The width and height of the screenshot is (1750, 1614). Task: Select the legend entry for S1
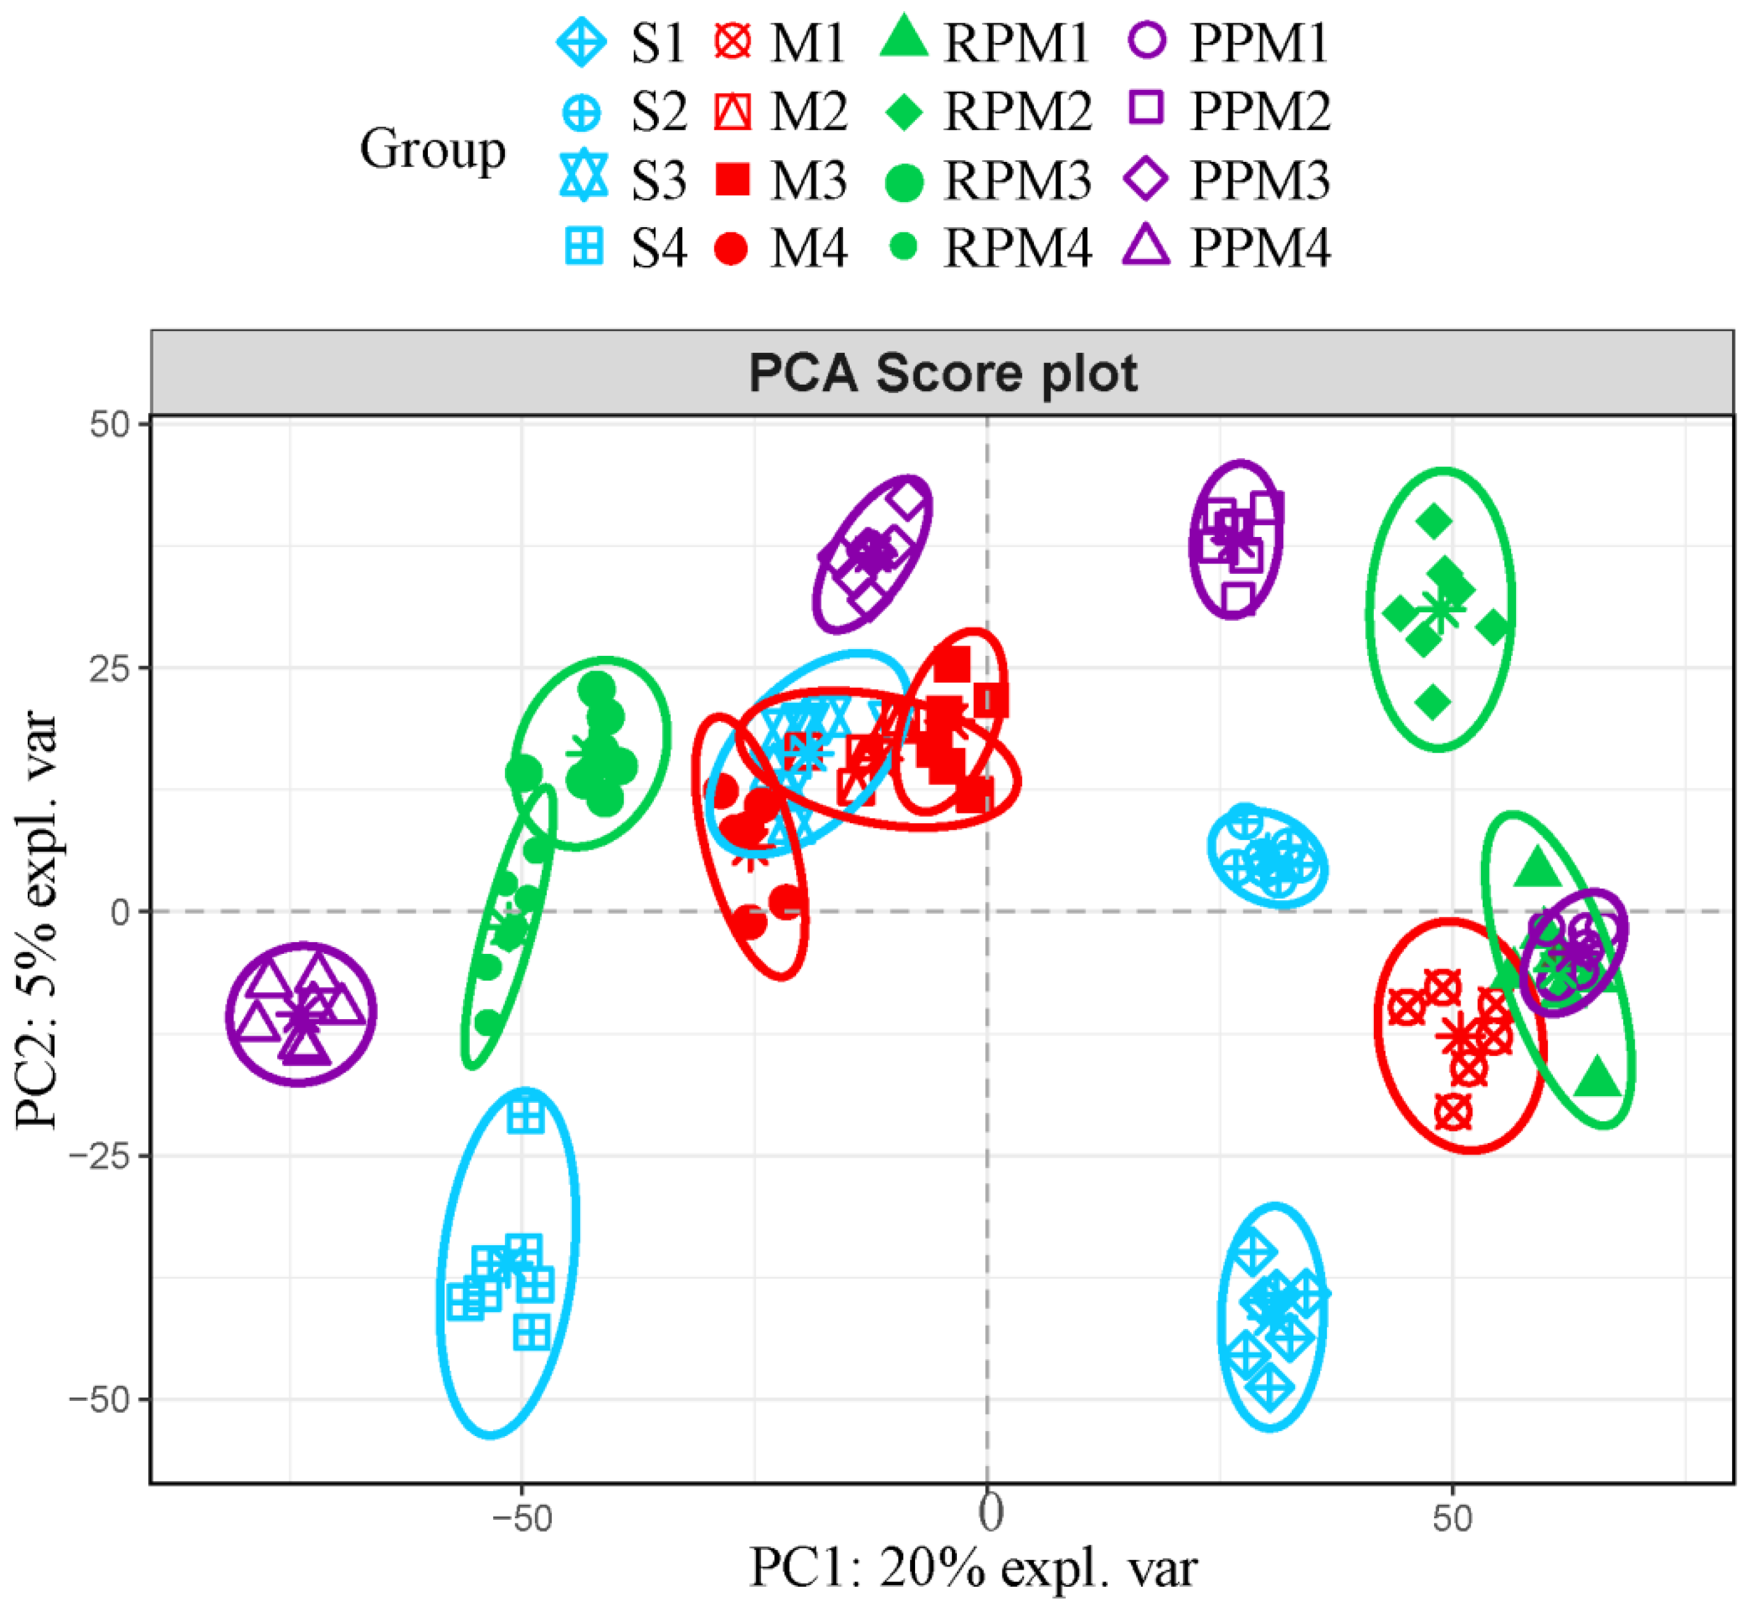623,42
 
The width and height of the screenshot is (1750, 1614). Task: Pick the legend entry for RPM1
987,42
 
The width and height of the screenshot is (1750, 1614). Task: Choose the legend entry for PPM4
1227,248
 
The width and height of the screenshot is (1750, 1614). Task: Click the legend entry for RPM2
987,112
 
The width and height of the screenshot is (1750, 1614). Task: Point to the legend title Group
432,148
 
